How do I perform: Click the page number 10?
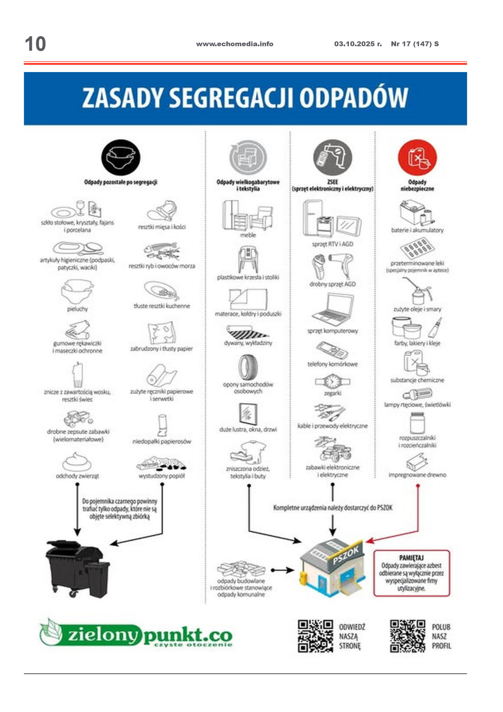tap(35, 44)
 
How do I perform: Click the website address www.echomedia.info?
tap(234, 44)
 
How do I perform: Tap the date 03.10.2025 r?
tap(358, 44)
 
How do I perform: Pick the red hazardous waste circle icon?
tap(417, 158)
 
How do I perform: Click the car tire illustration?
tap(248, 367)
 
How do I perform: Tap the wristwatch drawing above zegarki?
tap(332, 382)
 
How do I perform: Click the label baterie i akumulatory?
tap(417, 230)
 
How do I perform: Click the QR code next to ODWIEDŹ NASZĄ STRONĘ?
tap(315, 636)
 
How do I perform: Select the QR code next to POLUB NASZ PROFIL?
tap(407, 636)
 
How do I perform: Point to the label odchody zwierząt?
tap(77, 476)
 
